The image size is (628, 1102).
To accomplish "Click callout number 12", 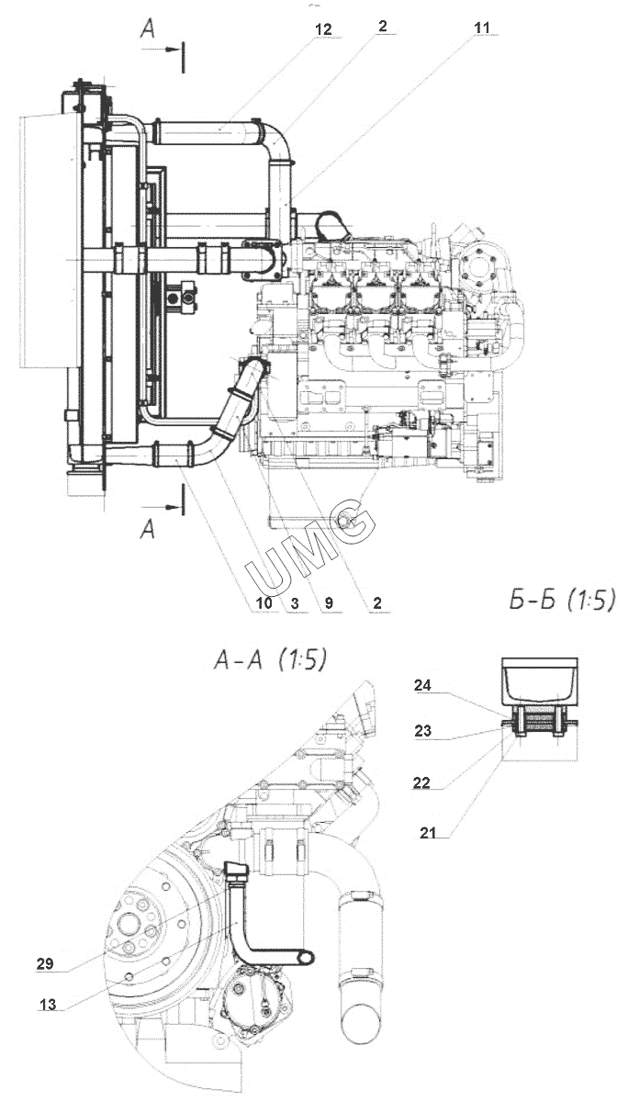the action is pyautogui.click(x=322, y=29).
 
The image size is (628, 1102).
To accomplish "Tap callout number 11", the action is pyautogui.click(x=482, y=28).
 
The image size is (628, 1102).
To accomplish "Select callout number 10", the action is pyautogui.click(x=264, y=603).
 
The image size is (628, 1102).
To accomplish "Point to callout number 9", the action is pyautogui.click(x=329, y=603).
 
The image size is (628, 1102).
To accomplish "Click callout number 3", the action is pyautogui.click(x=294, y=603).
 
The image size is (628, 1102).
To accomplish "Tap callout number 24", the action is pyautogui.click(x=422, y=684).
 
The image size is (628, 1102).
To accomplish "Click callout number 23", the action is pyautogui.click(x=422, y=731).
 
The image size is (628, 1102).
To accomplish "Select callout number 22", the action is pyautogui.click(x=421, y=782).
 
